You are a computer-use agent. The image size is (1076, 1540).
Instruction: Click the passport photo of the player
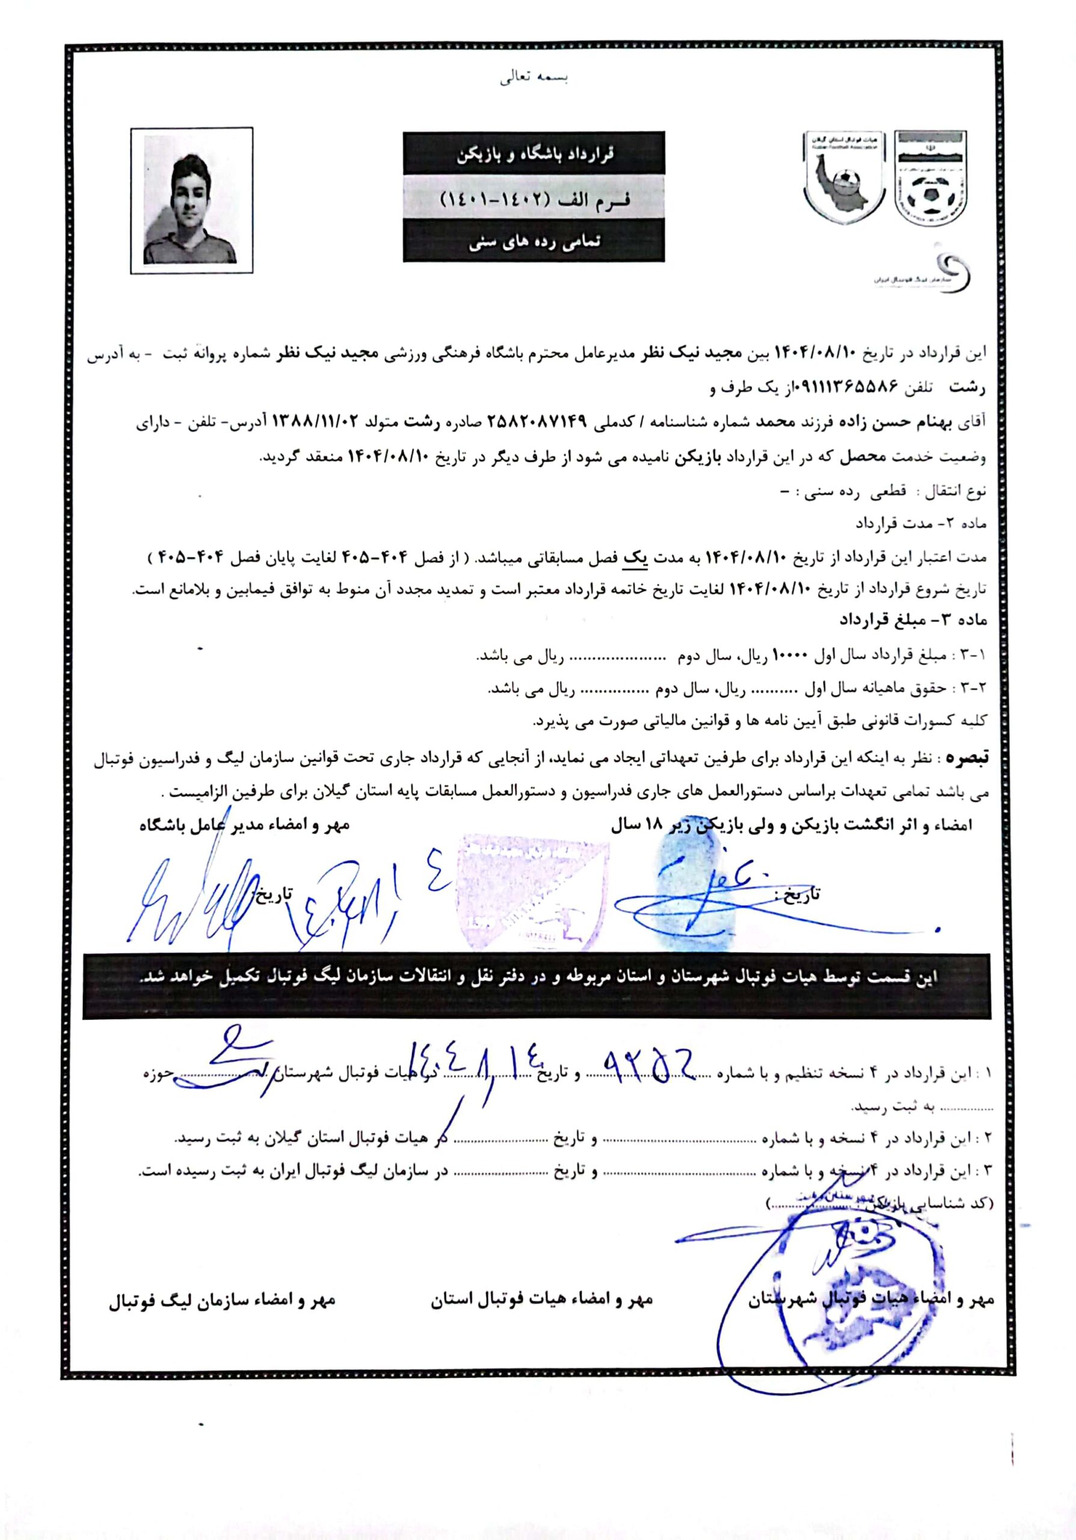pos(192,200)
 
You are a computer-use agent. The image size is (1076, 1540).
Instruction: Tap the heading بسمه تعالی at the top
pos(533,78)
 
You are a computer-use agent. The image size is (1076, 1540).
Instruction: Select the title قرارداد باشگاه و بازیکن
pos(533,153)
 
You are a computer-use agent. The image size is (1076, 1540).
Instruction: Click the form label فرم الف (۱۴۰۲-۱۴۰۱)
pos(533,200)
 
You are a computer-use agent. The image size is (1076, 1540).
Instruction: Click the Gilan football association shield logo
pos(843,176)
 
